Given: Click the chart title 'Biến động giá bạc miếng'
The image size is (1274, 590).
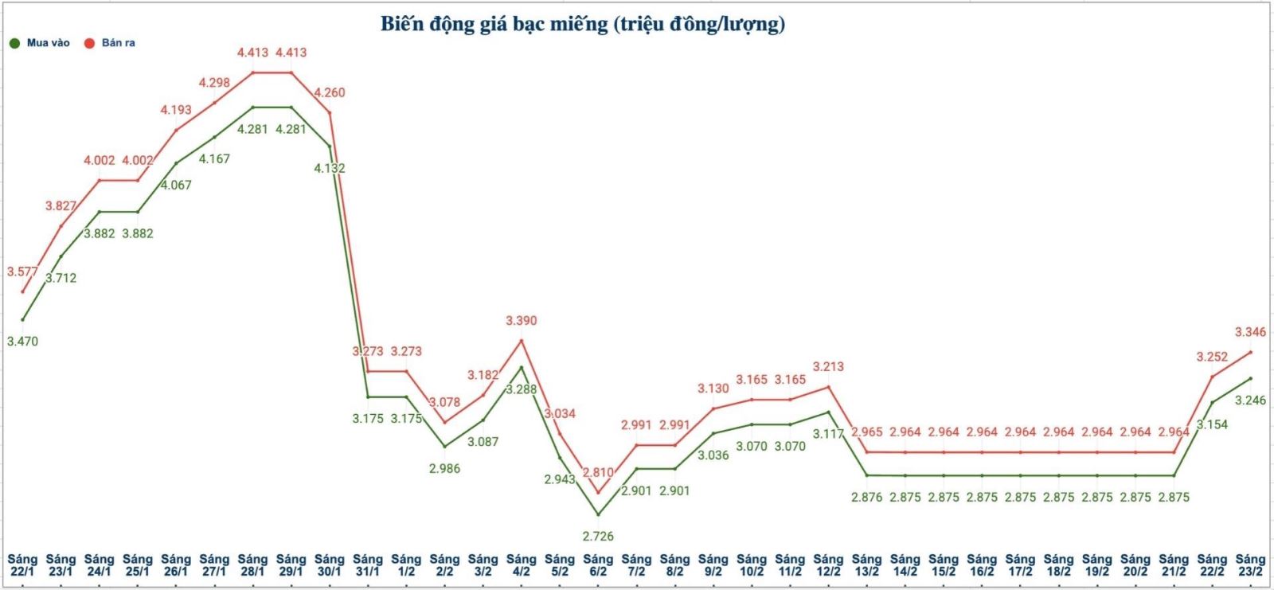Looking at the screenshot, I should point(582,24).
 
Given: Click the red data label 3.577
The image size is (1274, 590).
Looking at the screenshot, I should point(22,272).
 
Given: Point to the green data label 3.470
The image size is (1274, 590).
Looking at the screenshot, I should point(22,342).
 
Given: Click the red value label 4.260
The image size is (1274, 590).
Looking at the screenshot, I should point(330,92).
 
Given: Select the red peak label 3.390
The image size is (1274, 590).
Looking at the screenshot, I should point(522,321).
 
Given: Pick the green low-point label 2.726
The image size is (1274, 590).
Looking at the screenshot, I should point(598,536).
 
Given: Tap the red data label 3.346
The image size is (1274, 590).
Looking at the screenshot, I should point(1250,332).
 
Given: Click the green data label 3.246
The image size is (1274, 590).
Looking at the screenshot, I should point(1250,400).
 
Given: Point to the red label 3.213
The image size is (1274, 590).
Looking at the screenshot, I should point(828,367).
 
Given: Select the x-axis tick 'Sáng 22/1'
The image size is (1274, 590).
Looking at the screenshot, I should point(22,565).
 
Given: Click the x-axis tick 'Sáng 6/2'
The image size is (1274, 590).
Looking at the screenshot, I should point(598,565).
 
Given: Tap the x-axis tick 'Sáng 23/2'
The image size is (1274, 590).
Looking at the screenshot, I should point(1250,565).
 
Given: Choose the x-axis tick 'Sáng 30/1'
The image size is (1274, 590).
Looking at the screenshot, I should point(330,565).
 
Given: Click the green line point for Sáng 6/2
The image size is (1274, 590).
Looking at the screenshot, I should point(598,514).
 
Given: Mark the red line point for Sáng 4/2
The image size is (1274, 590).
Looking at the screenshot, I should point(522,341).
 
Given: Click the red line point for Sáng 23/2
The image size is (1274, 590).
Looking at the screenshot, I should point(1250,352).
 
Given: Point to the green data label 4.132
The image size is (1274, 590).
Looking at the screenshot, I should point(330,168).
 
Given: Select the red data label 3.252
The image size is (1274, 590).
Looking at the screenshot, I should point(1212,357).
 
